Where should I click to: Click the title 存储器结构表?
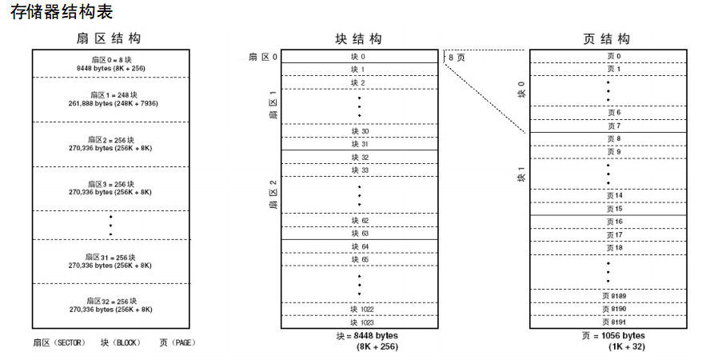61,12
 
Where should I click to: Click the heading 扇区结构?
110,39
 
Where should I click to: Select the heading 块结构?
358,39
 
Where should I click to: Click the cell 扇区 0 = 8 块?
110,64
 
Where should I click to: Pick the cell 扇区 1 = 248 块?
110,99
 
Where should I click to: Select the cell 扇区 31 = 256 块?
110,261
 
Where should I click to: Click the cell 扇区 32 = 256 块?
110,304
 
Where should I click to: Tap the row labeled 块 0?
358,57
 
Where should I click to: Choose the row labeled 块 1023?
358,322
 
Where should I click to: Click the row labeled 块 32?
358,158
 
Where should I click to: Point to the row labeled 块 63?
358,233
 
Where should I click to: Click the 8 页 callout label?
456,58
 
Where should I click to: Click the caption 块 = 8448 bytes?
367,335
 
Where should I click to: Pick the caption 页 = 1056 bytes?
614,335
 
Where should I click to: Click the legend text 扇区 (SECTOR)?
64,342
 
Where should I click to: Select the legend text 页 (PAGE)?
177,342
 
